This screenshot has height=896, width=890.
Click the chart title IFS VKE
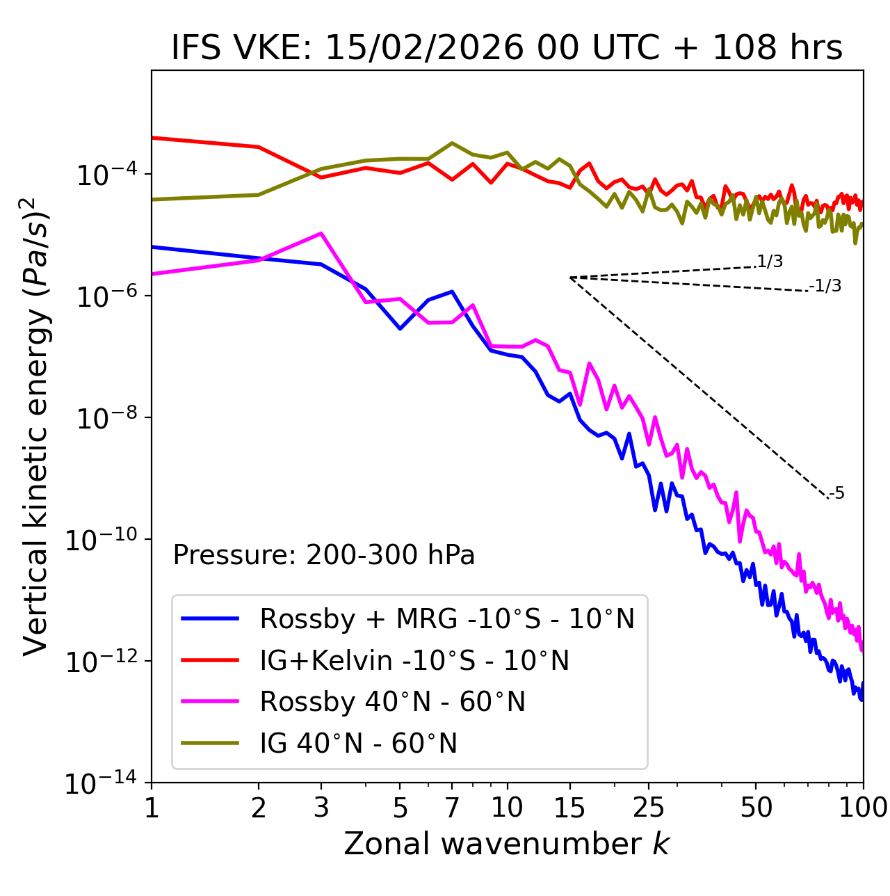(506, 49)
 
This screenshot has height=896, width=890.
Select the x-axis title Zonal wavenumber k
(506, 844)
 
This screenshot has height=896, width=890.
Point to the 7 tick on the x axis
(452, 808)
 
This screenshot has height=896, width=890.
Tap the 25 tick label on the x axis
(649, 808)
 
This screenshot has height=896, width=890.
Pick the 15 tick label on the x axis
(569, 808)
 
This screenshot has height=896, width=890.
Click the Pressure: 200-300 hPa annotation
(323, 555)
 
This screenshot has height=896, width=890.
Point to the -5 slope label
(837, 494)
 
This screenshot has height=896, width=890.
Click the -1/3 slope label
(826, 286)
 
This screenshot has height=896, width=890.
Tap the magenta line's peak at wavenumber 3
(321, 233)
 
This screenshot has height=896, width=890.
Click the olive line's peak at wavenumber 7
(452, 143)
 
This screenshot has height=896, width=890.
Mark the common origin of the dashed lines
(570, 278)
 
